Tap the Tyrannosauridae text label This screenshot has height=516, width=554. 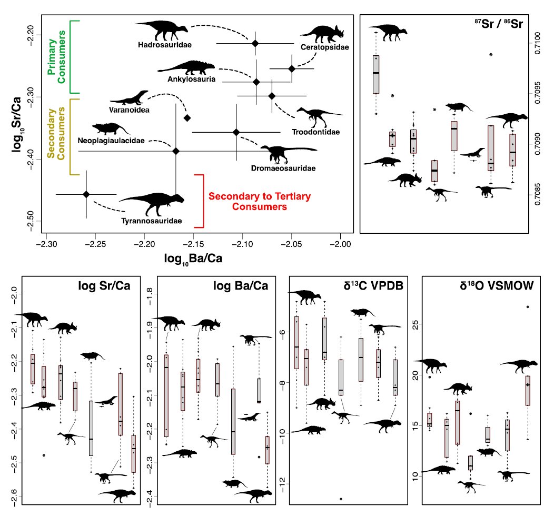point(152,221)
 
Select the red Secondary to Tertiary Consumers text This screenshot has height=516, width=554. point(248,202)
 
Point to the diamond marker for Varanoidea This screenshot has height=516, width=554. point(186,117)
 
